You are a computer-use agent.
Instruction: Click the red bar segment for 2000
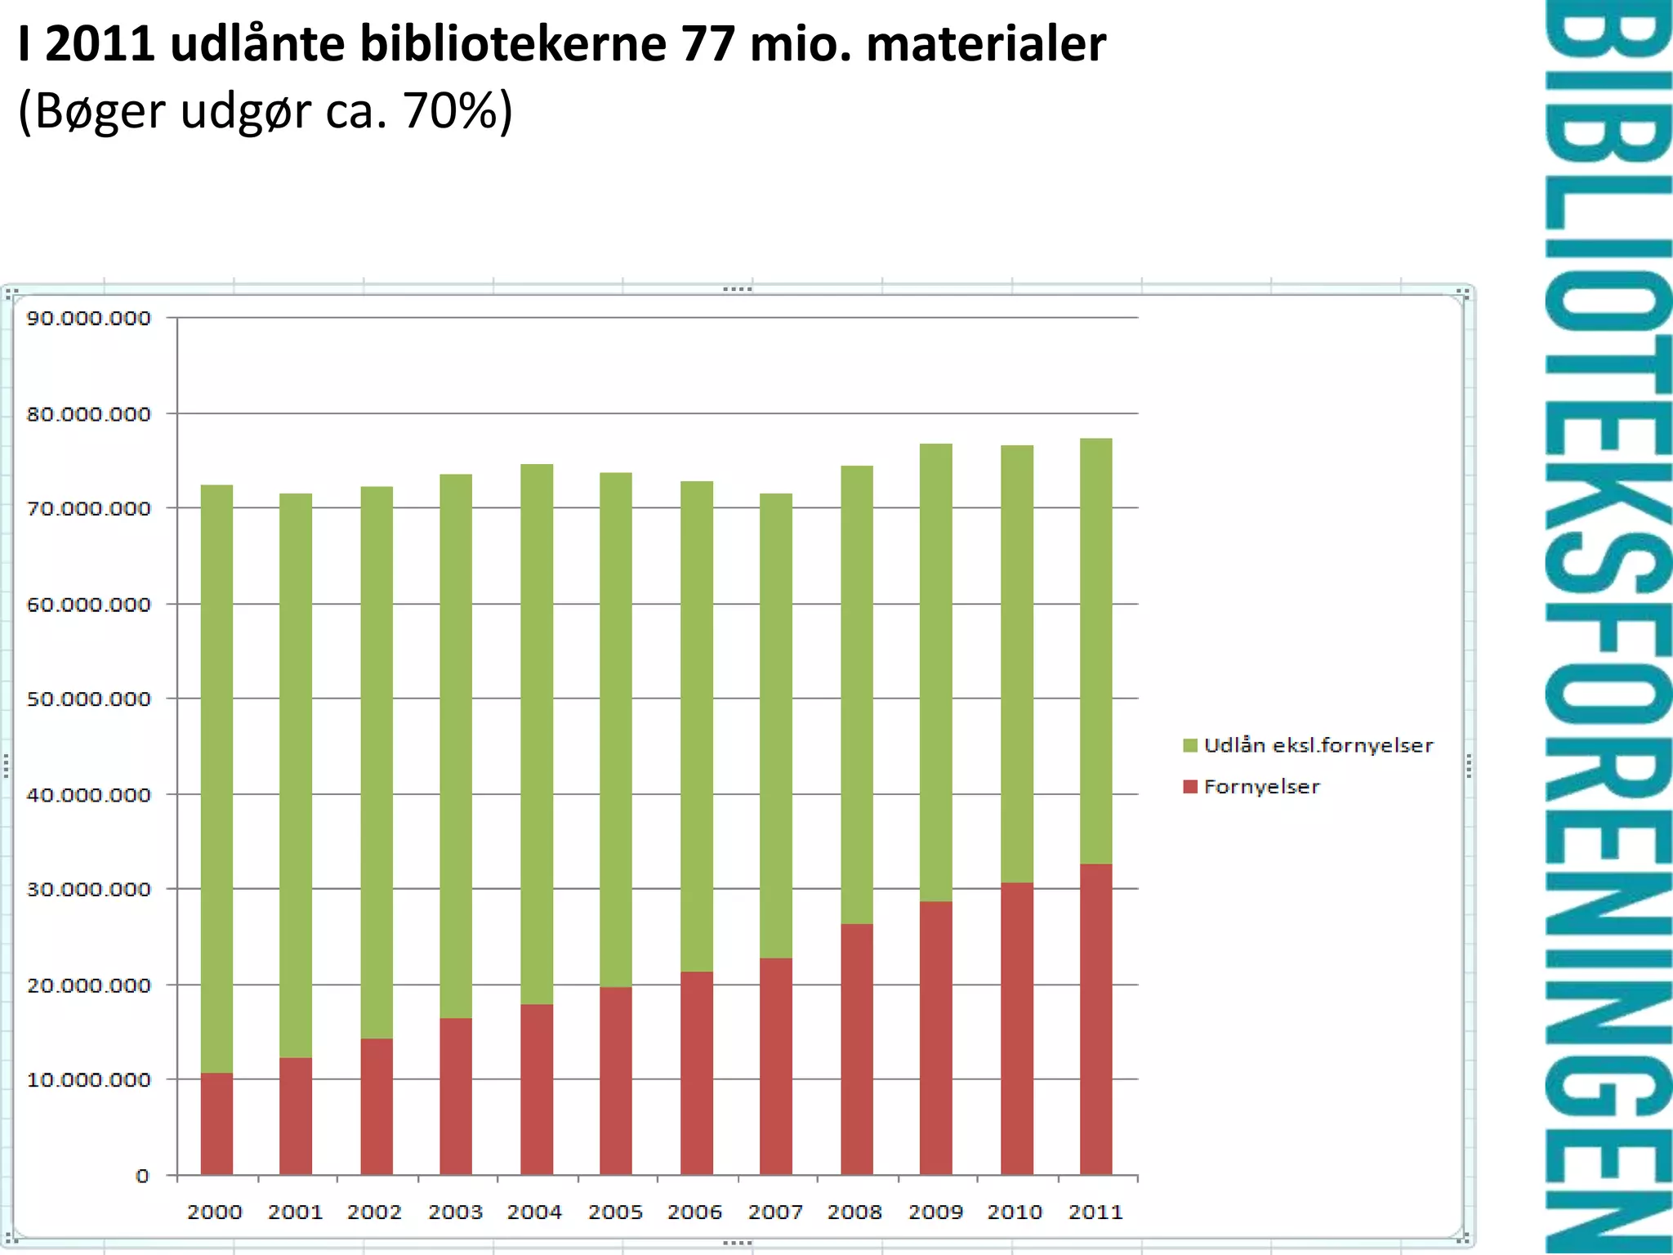(216, 1123)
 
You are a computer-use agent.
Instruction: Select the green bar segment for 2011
(1095, 650)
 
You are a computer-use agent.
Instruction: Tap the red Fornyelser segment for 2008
(856, 1049)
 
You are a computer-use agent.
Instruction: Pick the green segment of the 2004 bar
(537, 734)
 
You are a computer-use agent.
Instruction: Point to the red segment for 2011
(1095, 1019)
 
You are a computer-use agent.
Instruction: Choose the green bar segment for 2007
(775, 726)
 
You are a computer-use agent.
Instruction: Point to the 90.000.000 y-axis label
(89, 318)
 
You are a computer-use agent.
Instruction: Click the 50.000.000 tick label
(89, 699)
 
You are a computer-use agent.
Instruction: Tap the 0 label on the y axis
(143, 1176)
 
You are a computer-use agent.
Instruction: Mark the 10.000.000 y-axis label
(89, 1080)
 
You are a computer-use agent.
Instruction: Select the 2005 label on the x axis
(615, 1212)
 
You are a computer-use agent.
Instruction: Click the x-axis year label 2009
(935, 1212)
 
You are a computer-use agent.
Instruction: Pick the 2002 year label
(374, 1212)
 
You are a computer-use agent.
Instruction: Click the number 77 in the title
(708, 44)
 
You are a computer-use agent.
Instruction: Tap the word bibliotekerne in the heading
(513, 44)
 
